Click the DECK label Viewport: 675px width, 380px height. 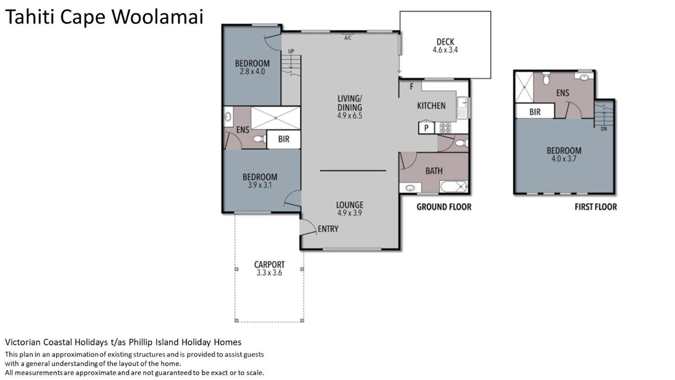[445, 42]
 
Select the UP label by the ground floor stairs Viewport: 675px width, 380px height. [291, 51]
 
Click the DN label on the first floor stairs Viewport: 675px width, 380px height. [604, 129]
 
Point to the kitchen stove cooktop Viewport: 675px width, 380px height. [445, 128]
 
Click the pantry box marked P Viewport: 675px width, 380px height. [426, 128]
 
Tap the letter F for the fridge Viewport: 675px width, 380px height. [412, 86]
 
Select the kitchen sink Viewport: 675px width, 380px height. [462, 108]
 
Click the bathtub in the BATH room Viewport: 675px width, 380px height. [454, 186]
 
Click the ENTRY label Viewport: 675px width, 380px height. [328, 229]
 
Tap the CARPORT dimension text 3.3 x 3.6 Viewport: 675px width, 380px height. [269, 273]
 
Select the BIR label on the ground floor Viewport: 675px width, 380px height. [284, 139]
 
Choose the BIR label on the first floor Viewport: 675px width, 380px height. [535, 112]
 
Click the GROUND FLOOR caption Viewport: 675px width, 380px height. [444, 207]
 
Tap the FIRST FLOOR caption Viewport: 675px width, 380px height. [596, 207]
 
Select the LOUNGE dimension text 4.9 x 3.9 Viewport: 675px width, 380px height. [349, 213]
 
